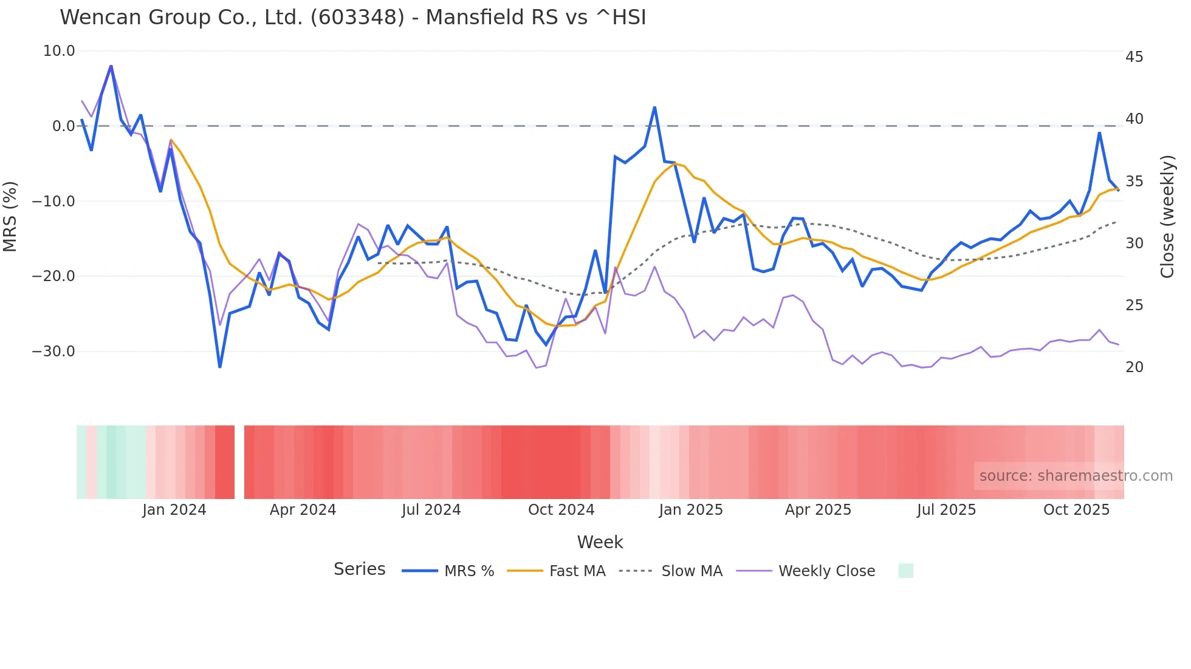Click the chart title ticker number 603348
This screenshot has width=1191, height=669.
coord(357,17)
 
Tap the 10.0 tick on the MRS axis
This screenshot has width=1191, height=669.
coord(59,51)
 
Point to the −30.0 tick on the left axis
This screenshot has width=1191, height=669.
coord(53,351)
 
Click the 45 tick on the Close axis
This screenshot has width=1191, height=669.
coord(1134,57)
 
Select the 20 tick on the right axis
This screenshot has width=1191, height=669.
coord(1134,367)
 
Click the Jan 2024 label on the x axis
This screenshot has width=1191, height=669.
coord(174,510)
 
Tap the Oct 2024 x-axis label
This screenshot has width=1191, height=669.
coord(561,510)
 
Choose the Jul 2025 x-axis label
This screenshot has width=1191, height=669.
coord(946,510)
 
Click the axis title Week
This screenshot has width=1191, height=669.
coord(600,542)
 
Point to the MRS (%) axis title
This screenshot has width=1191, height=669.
coord(10,217)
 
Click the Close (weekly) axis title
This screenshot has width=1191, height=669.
coord(1167,217)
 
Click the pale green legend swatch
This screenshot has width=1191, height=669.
coord(905,571)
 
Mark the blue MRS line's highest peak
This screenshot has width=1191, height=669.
coord(111,66)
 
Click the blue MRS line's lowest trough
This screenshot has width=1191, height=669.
coord(220,367)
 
